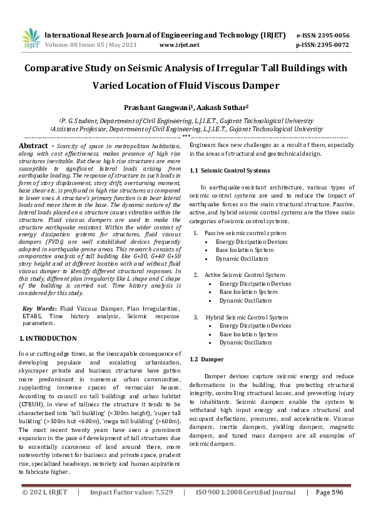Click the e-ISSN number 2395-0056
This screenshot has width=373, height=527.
click(332, 35)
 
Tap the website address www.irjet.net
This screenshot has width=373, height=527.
click(180, 45)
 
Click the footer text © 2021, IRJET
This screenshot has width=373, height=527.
click(44, 510)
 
